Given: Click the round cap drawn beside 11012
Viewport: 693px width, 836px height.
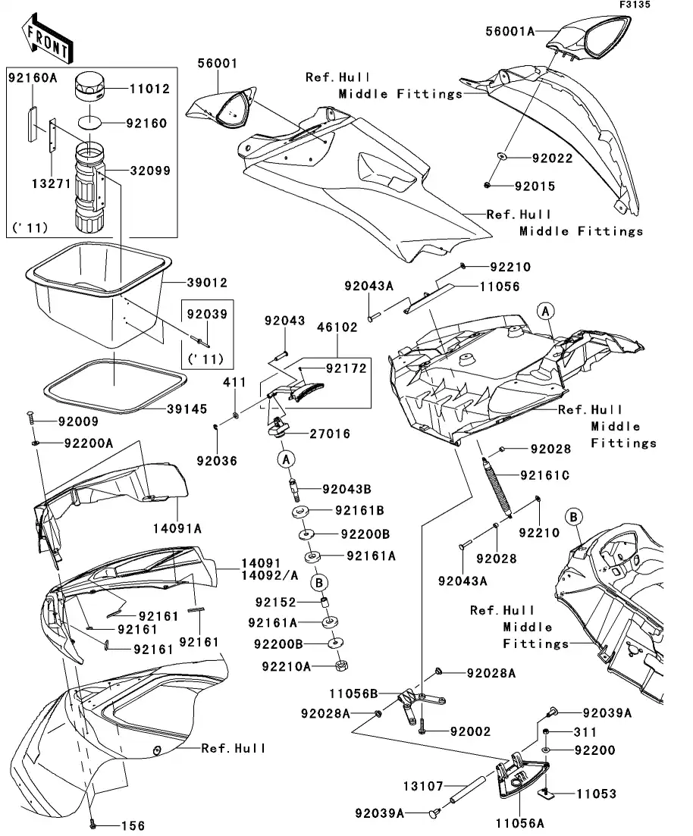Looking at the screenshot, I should coord(91,89).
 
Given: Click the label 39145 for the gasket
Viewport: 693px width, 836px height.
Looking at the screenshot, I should coord(187,409).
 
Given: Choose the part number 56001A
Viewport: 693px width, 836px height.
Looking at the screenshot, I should coord(510,30).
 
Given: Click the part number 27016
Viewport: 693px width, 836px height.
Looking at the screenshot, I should coord(329,434).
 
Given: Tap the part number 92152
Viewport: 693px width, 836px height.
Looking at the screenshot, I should coord(274,603).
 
